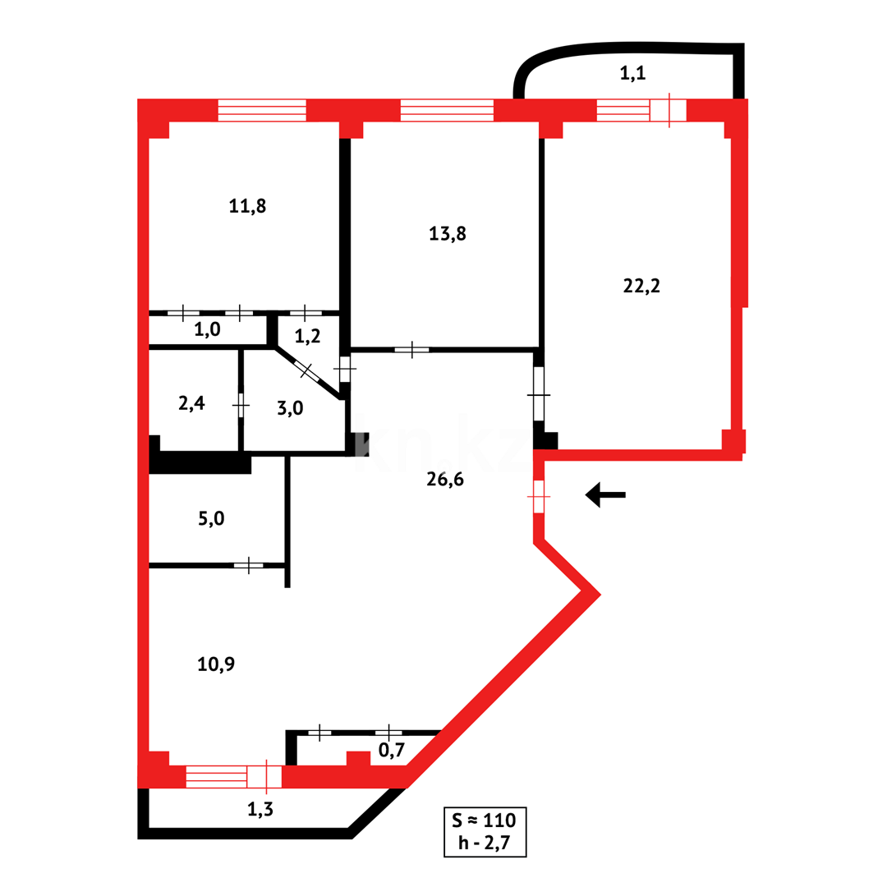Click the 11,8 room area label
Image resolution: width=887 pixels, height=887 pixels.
point(247,206)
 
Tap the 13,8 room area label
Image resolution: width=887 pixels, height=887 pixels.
point(448,233)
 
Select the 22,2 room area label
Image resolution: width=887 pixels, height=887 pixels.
point(642,286)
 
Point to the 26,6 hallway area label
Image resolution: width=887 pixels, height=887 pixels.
point(445,480)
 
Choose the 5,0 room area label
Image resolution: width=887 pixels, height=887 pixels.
point(211,518)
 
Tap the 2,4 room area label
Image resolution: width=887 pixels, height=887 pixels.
point(191,403)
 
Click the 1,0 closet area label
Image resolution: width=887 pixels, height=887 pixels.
point(207,329)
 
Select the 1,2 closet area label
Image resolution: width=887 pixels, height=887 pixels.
point(308,335)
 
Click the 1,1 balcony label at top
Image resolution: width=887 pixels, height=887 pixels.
point(632,73)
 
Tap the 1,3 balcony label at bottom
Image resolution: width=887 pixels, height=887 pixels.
point(261,809)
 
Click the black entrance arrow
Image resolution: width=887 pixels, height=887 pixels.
point(605,494)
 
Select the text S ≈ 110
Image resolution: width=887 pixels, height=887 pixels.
point(485,820)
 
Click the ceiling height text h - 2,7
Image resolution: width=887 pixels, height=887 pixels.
point(485,842)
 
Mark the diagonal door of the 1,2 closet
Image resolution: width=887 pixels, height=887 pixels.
point(307,370)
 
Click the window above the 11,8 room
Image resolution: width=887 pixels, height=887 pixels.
point(262,110)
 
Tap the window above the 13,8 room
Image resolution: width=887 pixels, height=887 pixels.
point(447,110)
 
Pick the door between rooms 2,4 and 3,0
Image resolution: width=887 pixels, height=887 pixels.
point(241,405)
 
